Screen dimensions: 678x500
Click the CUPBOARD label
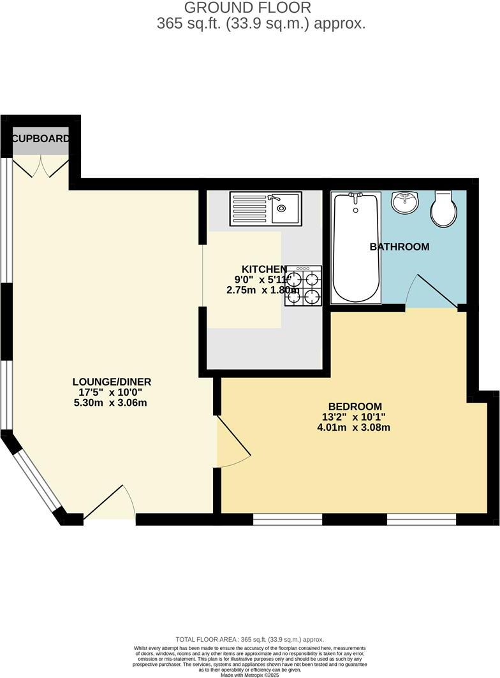[x=41, y=138]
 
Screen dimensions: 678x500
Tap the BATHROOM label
[x=399, y=247]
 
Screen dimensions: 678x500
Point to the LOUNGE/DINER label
[x=112, y=382]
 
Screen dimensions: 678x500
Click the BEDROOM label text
[x=355, y=406]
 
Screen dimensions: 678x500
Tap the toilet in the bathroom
[x=443, y=208]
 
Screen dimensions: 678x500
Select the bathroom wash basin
[x=404, y=202]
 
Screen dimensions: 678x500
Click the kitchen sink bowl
[x=285, y=208]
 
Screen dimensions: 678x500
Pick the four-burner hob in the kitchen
[x=304, y=286]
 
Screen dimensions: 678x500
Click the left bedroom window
[x=288, y=520]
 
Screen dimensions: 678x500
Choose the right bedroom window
[x=422, y=520]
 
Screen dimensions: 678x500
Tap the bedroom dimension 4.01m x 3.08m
[x=353, y=427]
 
